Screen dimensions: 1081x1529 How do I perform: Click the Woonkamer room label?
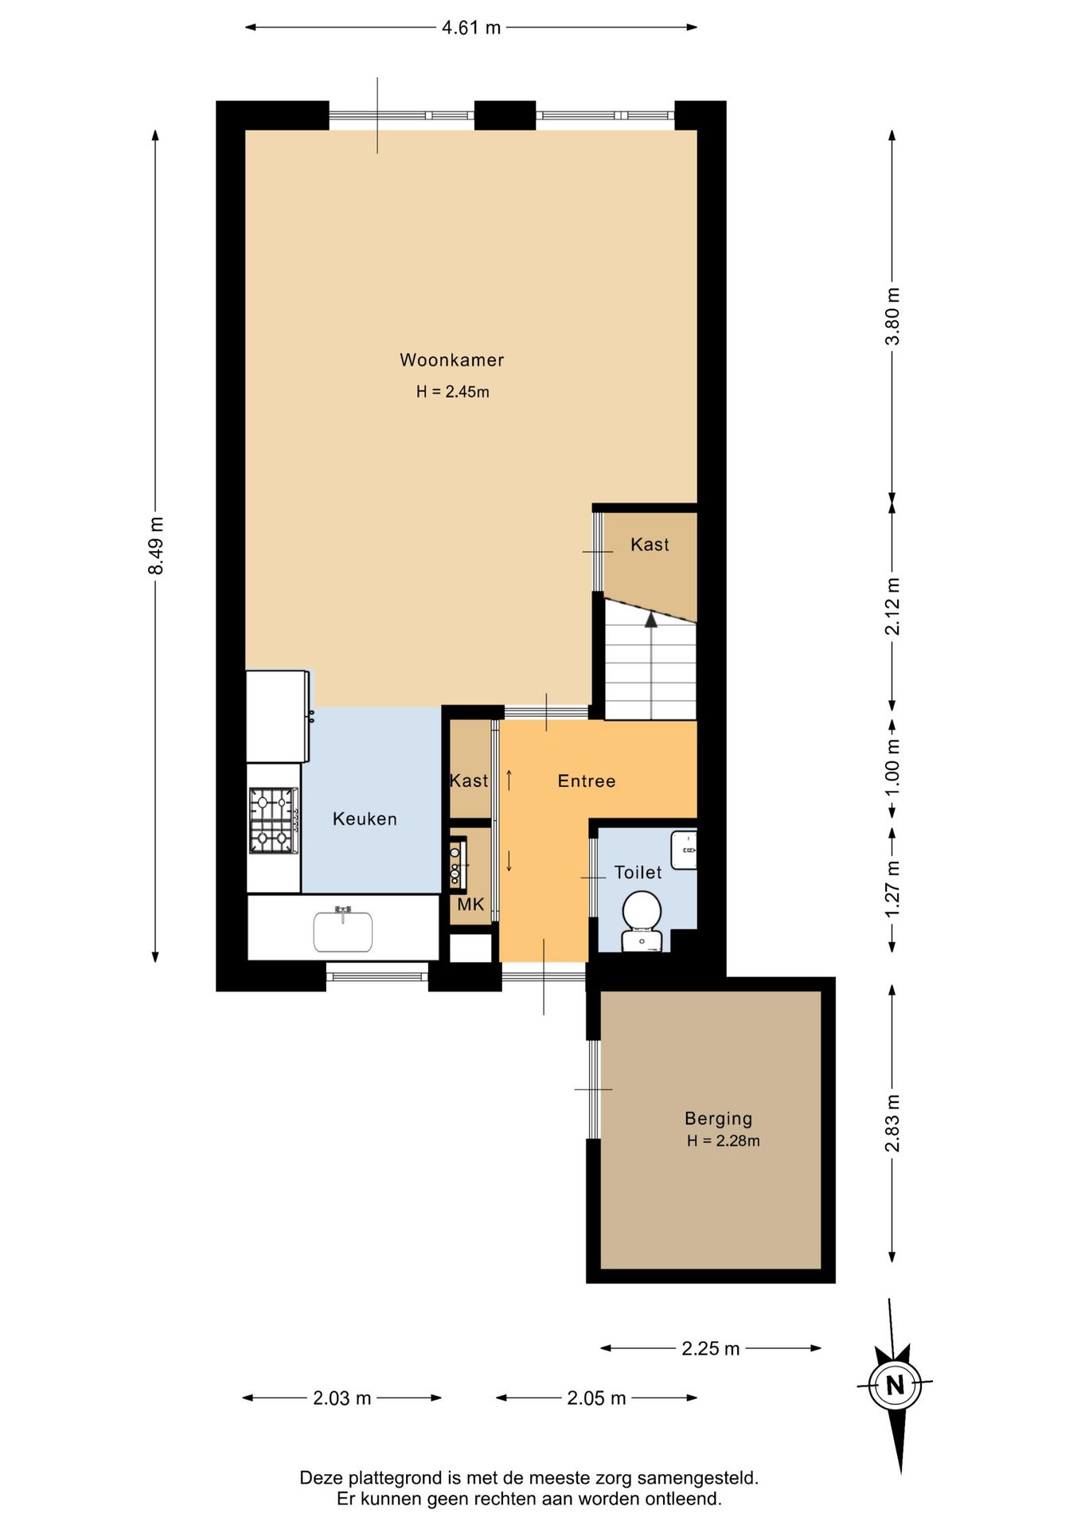451,360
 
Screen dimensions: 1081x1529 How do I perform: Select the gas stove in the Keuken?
273,820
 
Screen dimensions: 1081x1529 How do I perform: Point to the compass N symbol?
896,1386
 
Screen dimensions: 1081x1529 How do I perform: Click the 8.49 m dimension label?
156,546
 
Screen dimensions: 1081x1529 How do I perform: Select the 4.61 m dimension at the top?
471,28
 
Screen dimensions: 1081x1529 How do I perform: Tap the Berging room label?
718,1119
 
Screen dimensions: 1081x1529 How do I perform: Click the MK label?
470,905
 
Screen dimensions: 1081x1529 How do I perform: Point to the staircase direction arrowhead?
651,619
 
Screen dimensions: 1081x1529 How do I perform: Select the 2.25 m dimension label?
711,1348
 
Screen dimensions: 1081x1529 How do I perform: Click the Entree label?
587,781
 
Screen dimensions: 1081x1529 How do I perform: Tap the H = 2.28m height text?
723,1141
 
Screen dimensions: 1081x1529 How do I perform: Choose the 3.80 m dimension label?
893,316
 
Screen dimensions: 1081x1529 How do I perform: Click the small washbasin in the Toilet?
683,851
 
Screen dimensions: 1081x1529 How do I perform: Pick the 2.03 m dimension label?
342,1398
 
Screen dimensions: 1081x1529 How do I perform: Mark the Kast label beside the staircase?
650,545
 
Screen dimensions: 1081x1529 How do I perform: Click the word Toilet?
638,873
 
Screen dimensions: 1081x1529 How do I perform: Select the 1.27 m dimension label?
893,888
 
